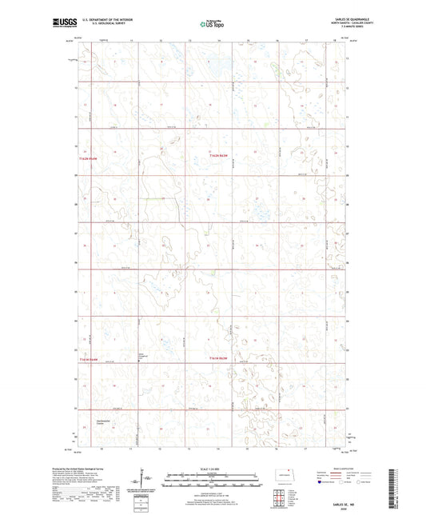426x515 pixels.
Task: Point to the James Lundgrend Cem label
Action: click(x=141, y=356)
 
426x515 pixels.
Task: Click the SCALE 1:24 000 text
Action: click(x=213, y=468)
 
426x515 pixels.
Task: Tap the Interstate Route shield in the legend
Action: click(x=322, y=482)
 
